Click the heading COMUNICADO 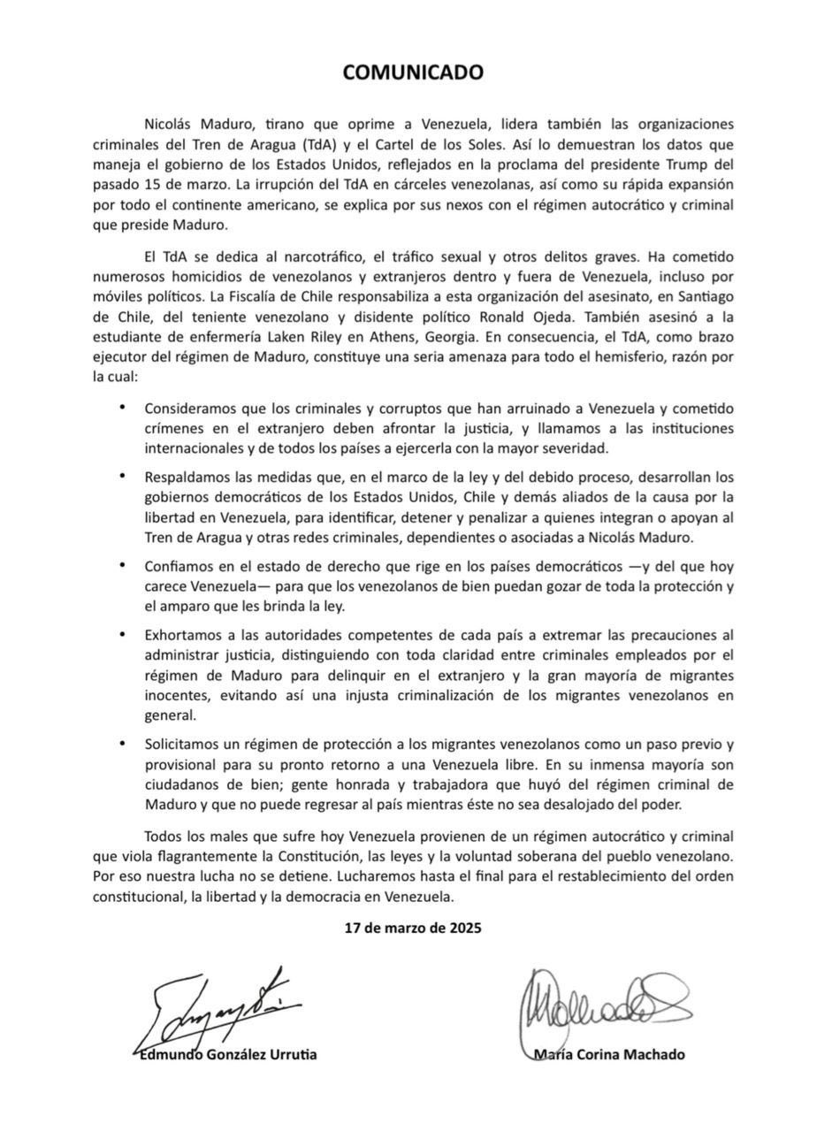[413, 73]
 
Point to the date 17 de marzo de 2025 [413, 928]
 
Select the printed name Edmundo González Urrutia [229, 1054]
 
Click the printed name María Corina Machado [609, 1054]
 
